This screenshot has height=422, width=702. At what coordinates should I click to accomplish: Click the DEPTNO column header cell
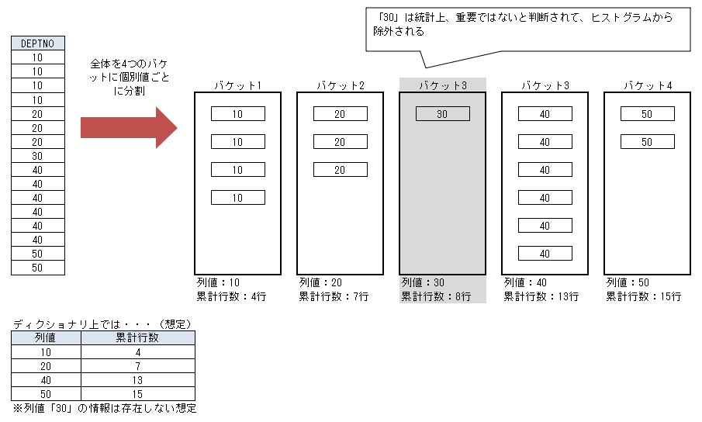[x=38, y=43]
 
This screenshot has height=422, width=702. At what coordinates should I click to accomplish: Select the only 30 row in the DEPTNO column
[x=38, y=156]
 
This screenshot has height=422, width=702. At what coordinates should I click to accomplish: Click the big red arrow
[x=129, y=127]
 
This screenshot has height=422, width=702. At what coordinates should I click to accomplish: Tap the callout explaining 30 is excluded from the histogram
[x=527, y=29]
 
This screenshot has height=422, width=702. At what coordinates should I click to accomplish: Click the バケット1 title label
[x=237, y=85]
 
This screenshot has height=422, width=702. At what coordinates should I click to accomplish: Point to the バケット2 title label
[x=341, y=85]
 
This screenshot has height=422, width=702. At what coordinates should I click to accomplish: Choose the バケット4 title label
[x=648, y=85]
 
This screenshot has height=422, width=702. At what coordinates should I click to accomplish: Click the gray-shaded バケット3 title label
[x=443, y=85]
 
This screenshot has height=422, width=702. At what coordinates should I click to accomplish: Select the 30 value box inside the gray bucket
[x=443, y=114]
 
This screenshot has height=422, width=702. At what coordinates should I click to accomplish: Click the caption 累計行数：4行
[x=231, y=296]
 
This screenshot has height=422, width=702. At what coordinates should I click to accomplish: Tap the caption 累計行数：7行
[x=334, y=296]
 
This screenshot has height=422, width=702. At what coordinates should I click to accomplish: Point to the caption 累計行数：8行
[x=436, y=296]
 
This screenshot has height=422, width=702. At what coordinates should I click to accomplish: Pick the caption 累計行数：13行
[x=541, y=296]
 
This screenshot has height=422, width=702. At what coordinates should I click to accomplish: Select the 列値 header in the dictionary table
[x=46, y=338]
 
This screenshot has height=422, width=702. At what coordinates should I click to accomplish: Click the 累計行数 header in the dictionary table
[x=138, y=338]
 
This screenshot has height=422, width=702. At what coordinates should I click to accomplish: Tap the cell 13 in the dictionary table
[x=138, y=380]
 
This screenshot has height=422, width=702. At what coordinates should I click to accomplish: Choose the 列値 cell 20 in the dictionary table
[x=46, y=366]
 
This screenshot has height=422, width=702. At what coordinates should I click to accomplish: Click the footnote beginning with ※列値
[x=105, y=408]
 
